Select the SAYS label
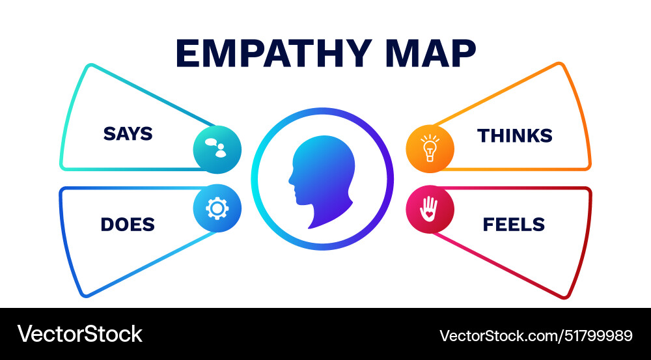pyautogui.click(x=128, y=134)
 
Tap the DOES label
pyautogui.click(x=128, y=225)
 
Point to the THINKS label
pyautogui.click(x=515, y=136)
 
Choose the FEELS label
pyautogui.click(x=514, y=225)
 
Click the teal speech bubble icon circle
pyautogui.click(x=217, y=149)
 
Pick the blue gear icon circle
pyautogui.click(x=217, y=208)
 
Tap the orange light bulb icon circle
pyautogui.click(x=430, y=149)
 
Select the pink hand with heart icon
pyautogui.click(x=430, y=209)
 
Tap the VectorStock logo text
pyautogui.click(x=80, y=334)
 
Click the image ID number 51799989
pyautogui.click(x=596, y=336)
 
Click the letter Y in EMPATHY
pyautogui.click(x=364, y=53)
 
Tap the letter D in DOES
pyautogui.click(x=107, y=225)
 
